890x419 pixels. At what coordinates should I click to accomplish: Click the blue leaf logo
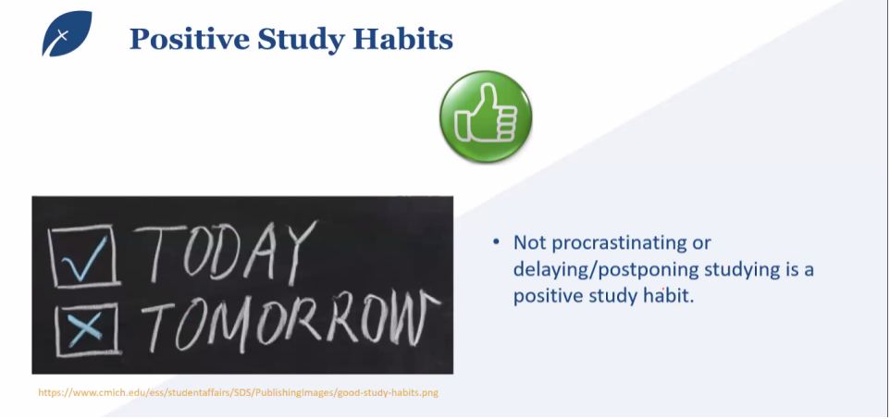point(66,33)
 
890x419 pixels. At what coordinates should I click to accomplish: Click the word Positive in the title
point(189,39)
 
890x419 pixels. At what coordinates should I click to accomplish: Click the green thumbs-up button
point(486,117)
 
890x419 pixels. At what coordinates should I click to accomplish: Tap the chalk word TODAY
point(226,253)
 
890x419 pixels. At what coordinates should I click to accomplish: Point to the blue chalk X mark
point(85,329)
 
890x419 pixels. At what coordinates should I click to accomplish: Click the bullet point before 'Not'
point(496,242)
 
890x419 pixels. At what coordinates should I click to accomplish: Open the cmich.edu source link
point(239,392)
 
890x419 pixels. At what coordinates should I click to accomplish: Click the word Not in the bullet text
point(529,242)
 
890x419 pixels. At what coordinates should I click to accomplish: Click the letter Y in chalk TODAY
point(299,253)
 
